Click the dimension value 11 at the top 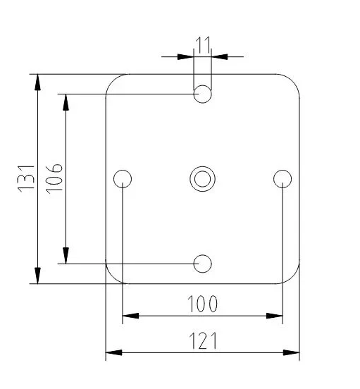[203, 47]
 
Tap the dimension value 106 [55, 178]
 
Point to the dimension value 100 [202, 304]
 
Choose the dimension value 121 [202, 341]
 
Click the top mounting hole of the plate [203, 94]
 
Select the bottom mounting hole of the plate [203, 264]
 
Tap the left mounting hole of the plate [123, 178]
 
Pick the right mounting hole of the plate [283, 178]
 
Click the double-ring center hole [203, 178]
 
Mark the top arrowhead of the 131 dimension [38, 82]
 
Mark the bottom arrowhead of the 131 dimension [38, 275]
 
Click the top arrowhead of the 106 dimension [66, 102]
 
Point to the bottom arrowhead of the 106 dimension [66, 255]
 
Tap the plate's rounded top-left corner [113, 80]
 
